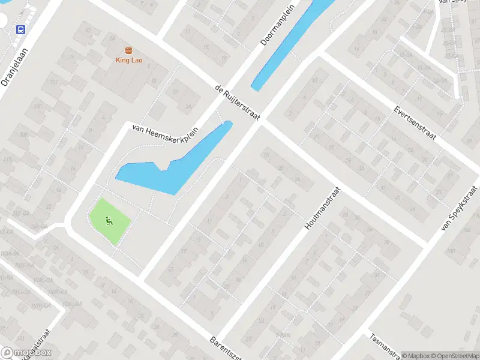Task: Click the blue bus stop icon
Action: pos(21,29)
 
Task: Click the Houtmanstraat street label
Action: pos(322,209)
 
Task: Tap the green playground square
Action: pos(110,221)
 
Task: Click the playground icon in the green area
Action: pos(109,221)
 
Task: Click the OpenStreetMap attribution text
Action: pos(453,355)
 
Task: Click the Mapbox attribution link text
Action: pos(413,355)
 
